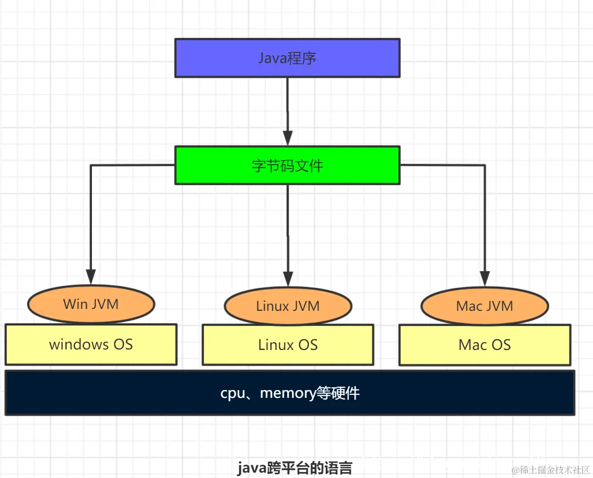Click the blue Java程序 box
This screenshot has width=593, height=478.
[287, 58]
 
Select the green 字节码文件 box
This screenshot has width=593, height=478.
[287, 165]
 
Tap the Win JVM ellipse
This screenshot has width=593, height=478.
[91, 304]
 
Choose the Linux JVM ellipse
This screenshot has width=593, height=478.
[288, 306]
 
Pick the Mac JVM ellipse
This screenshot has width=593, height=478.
[484, 306]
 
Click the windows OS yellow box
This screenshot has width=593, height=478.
[91, 345]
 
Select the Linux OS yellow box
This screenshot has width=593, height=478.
[288, 345]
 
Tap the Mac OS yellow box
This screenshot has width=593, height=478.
[484, 345]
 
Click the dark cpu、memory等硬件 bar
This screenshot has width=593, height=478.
[290, 393]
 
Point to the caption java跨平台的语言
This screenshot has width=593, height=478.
[295, 468]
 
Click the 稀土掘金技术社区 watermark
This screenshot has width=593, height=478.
[550, 469]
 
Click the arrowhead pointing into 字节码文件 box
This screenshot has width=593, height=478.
[288, 137]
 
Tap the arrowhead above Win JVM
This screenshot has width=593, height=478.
[91, 276]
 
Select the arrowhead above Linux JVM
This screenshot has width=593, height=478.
[288, 278]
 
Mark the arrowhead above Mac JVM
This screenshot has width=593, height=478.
[484, 278]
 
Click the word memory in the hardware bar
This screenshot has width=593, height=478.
[288, 393]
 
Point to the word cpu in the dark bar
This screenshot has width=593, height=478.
[232, 393]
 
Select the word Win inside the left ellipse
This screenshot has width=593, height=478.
[75, 304]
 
